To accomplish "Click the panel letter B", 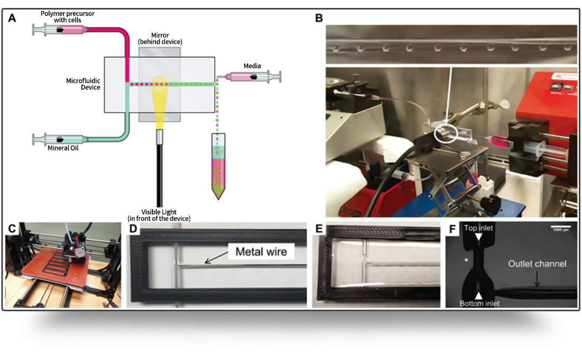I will click(319, 18).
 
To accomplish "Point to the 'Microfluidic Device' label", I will click(83, 84).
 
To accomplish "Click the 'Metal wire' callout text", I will click(258, 251).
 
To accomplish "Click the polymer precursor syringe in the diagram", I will click(58, 30).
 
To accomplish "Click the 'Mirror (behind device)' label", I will click(160, 39).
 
